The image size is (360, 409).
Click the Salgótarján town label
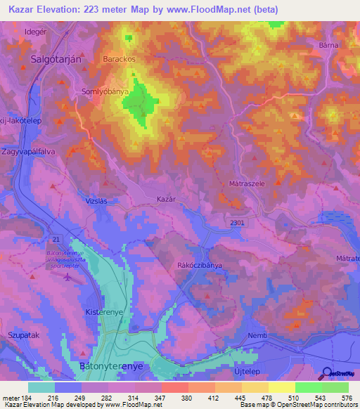(x=57, y=60)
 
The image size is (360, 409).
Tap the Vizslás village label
(x=96, y=200)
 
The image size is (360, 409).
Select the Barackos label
(x=119, y=59)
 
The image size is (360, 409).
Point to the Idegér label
(x=35, y=33)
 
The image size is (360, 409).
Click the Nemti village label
(x=258, y=336)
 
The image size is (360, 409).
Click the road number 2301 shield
(x=237, y=223)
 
